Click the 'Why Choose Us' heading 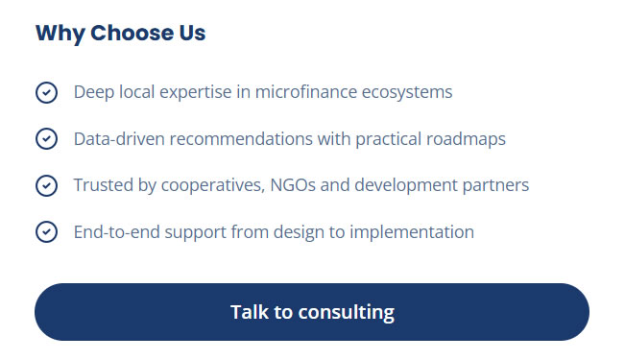120,33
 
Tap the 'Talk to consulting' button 312,312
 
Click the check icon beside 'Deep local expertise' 47,92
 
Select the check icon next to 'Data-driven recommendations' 47,139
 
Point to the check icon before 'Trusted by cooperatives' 47,185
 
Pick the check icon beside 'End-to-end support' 47,231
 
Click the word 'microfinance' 306,92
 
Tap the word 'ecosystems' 407,93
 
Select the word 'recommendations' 241,139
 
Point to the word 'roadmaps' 466,140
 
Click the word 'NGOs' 293,185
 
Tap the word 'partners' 495,186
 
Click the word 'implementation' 412,232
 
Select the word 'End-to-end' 117,231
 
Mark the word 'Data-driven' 119,139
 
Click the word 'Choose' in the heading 132,33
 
